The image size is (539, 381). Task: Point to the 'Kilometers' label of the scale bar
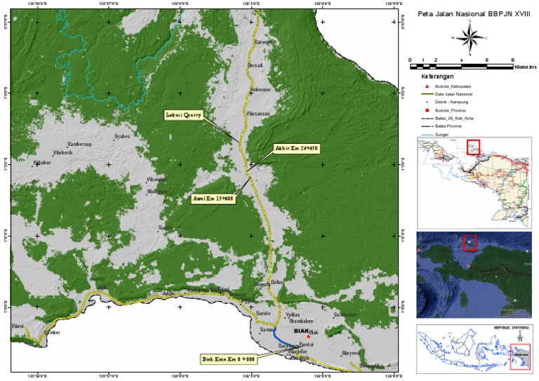[525, 67]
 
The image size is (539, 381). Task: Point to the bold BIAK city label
[301, 331]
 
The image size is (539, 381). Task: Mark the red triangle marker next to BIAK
[308, 337]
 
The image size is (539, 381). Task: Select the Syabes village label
[122, 137]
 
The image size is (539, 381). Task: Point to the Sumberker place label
[345, 315]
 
